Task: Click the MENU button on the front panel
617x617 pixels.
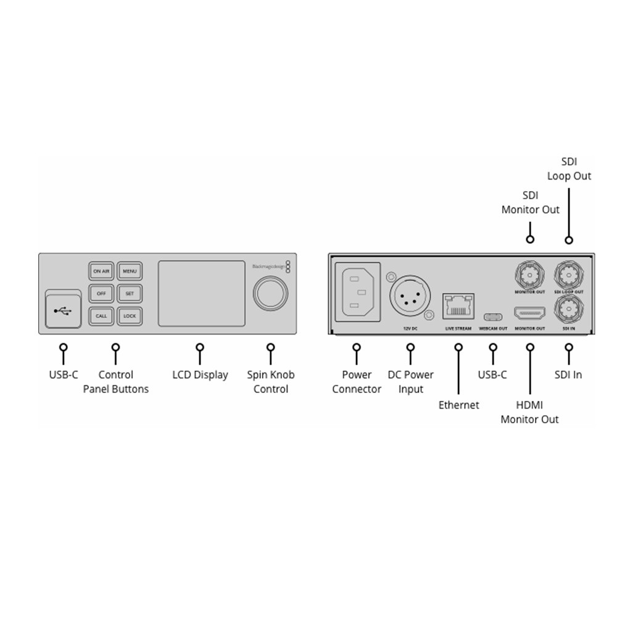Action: coord(130,271)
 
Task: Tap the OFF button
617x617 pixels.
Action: coord(101,294)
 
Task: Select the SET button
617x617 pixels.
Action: coord(130,294)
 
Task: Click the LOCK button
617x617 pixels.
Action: coord(130,316)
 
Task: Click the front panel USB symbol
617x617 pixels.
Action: coord(63,310)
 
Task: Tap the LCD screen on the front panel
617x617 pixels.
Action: coord(200,293)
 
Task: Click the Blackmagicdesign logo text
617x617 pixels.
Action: coord(269,267)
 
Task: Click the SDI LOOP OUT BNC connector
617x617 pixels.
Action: coord(568,273)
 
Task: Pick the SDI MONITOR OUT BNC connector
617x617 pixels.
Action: coord(529,273)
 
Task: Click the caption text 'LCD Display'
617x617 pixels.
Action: coord(200,375)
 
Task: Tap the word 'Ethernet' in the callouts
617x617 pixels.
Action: coord(458,405)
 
